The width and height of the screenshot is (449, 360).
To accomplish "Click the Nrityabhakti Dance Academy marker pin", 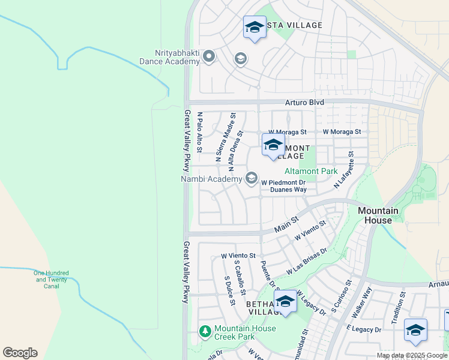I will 209,57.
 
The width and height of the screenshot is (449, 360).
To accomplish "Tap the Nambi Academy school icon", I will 251,178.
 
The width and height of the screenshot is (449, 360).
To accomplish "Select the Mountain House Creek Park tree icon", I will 205,332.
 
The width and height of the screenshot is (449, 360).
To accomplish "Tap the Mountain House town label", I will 378,215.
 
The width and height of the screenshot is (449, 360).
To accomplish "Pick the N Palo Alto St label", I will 200,131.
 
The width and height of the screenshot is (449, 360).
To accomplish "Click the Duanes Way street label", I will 288,190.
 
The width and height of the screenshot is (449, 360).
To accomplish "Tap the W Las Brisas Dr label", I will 307,261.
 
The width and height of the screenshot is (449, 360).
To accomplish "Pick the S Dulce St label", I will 229,290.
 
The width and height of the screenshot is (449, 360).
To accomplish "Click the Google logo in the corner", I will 20,353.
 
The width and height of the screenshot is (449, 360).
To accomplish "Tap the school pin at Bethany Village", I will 285,302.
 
